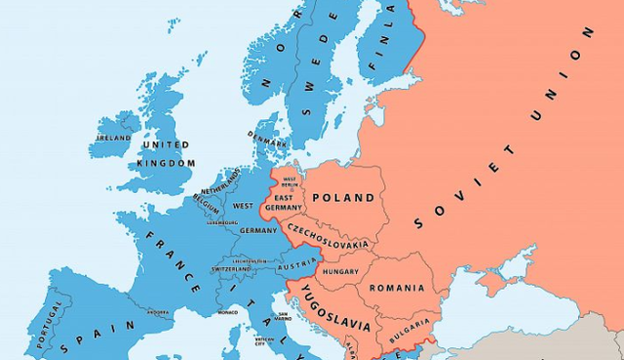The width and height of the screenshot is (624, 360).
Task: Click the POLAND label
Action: (342, 198)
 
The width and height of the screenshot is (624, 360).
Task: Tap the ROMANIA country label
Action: (396, 288)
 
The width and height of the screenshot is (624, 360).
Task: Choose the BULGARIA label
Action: (410, 323)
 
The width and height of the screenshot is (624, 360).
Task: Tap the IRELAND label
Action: (112, 139)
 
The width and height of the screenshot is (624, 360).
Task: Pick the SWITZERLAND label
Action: (235, 269)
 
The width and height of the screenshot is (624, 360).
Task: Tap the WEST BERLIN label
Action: (290, 182)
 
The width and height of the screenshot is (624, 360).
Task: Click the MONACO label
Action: (227, 312)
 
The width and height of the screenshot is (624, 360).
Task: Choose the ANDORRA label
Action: (158, 313)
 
